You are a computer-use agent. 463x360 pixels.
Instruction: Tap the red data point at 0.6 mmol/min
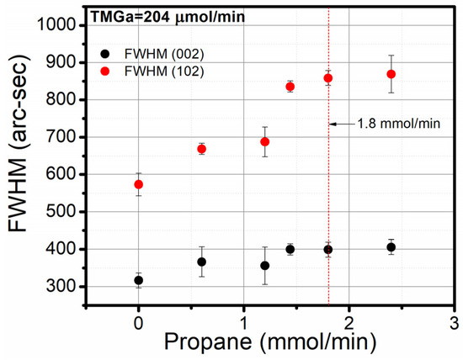[202, 149]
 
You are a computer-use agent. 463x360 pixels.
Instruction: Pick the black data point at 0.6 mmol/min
[202, 262]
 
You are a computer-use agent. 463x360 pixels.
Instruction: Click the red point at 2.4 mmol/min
[391, 74]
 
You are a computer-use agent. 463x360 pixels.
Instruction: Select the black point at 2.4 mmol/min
[391, 247]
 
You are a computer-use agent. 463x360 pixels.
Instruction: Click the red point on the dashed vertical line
[328, 78]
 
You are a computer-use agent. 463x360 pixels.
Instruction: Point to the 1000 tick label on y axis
[61, 25]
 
